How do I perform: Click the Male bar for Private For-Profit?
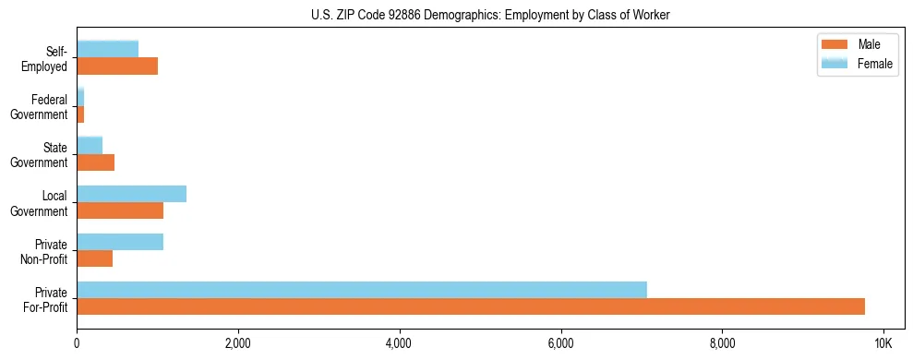(471, 306)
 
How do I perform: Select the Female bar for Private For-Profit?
(362, 290)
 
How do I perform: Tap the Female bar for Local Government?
(132, 194)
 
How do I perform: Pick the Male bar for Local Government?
(120, 210)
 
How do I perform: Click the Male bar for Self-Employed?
(117, 66)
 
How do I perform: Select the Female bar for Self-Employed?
(108, 50)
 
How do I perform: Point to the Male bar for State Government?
(96, 162)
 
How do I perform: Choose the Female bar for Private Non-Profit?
(120, 242)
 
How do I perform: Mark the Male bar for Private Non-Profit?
(95, 258)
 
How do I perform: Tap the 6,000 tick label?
(561, 343)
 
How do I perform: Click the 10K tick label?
(883, 343)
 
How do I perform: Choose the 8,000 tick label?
(722, 343)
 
